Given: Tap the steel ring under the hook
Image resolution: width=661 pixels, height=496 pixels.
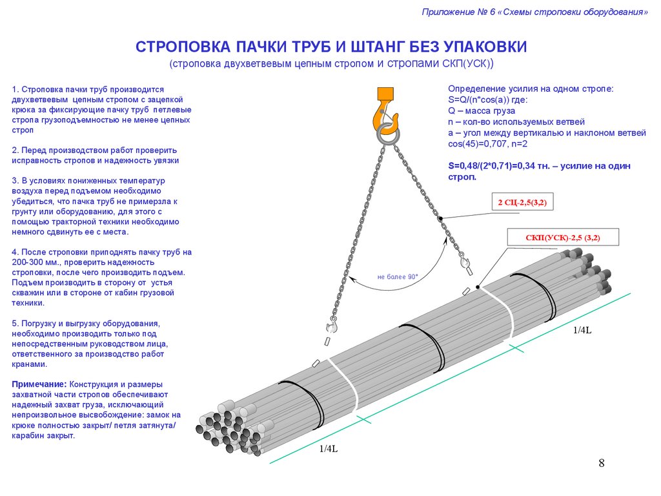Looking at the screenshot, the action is coord(389,134).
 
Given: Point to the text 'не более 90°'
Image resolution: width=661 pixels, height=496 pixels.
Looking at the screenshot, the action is coord(398,277).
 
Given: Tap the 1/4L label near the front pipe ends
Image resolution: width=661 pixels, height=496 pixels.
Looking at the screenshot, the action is coord(329,449).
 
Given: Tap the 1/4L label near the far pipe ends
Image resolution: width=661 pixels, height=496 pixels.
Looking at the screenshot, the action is coord(582,330).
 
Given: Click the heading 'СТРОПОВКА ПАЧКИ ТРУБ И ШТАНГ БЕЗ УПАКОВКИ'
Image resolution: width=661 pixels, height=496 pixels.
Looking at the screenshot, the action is coord(331,47).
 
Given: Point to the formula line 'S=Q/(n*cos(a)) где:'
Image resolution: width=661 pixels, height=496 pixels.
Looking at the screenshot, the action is coord(488,100).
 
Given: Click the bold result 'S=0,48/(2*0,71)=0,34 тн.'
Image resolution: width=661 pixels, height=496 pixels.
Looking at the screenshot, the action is coord(503,166).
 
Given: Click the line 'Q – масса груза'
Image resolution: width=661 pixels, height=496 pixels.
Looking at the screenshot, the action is coord(480,111).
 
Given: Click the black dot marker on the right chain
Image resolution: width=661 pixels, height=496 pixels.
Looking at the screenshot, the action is coord(440,219).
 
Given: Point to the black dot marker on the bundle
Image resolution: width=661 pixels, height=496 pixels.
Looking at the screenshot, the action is coord(478,287).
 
